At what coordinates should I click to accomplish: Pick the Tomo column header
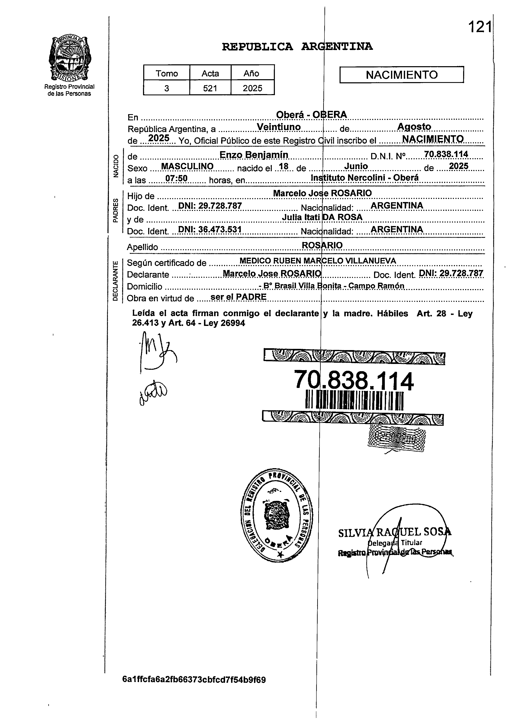(x=166, y=73)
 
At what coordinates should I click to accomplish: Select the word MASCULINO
(x=187, y=166)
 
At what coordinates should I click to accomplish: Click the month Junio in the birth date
(x=356, y=166)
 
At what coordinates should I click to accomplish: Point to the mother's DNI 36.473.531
(x=209, y=230)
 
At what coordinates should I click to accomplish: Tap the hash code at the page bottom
(x=194, y=688)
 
